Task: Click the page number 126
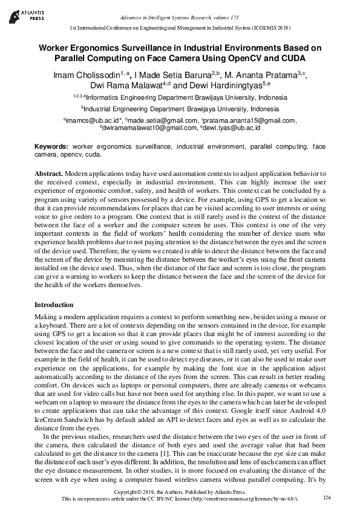(x=327, y=497)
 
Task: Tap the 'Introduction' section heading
(x=54, y=305)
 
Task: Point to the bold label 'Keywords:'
(x=52, y=146)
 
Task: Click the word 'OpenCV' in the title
(x=245, y=58)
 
